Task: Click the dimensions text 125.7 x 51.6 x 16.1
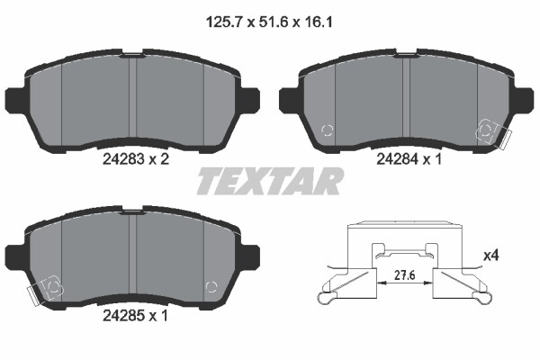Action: tap(269, 22)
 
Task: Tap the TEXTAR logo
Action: tap(270, 182)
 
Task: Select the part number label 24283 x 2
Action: tap(136, 159)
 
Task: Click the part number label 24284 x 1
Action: tap(409, 159)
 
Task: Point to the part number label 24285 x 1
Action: tap(135, 316)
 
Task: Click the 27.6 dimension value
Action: tap(405, 275)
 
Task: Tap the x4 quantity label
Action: tap(491, 256)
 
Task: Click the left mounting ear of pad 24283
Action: tap(14, 100)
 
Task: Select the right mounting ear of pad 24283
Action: tap(251, 100)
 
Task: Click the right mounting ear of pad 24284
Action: tap(525, 100)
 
